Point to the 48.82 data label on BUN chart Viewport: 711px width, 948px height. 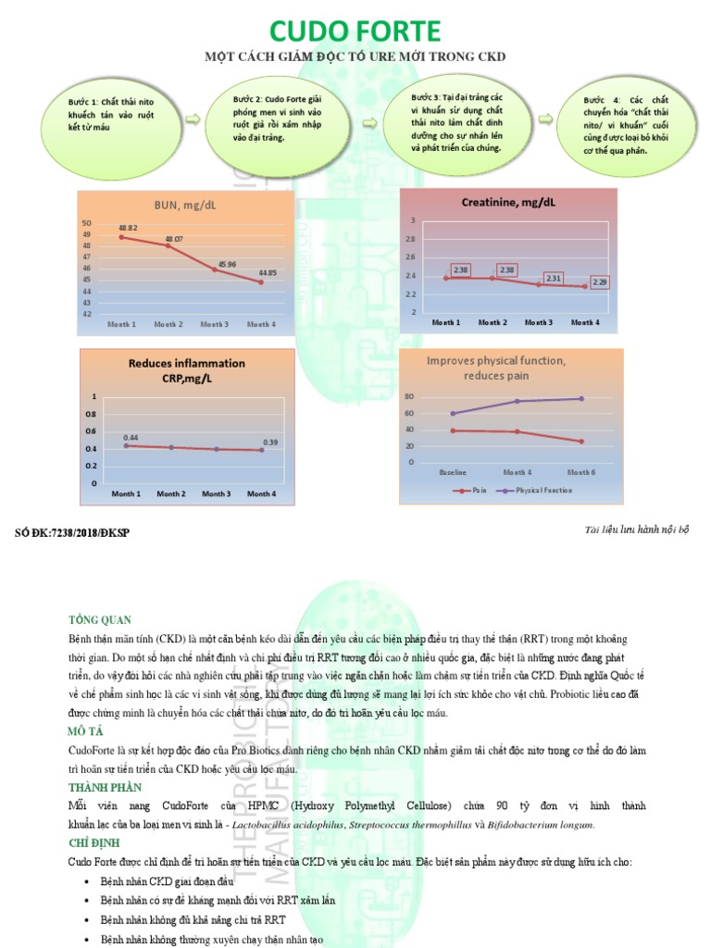pos(127,228)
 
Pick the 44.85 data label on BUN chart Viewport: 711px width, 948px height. pos(268,273)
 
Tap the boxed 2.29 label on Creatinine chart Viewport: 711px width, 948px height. pos(599,281)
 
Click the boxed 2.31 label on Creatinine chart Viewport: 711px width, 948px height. pos(554,278)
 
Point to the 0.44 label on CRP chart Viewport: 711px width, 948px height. pos(131,436)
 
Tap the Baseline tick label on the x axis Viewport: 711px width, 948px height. pos(453,472)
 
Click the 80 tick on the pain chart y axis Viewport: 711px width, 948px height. pos(410,395)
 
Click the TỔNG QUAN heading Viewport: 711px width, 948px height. pos(100,619)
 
